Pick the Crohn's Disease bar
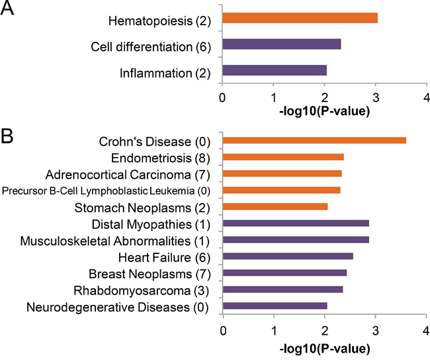click(x=315, y=140)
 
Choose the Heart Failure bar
click(x=288, y=256)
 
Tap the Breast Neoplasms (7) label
click(x=149, y=273)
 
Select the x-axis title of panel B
click(x=324, y=348)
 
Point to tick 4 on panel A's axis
click(x=427, y=97)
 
